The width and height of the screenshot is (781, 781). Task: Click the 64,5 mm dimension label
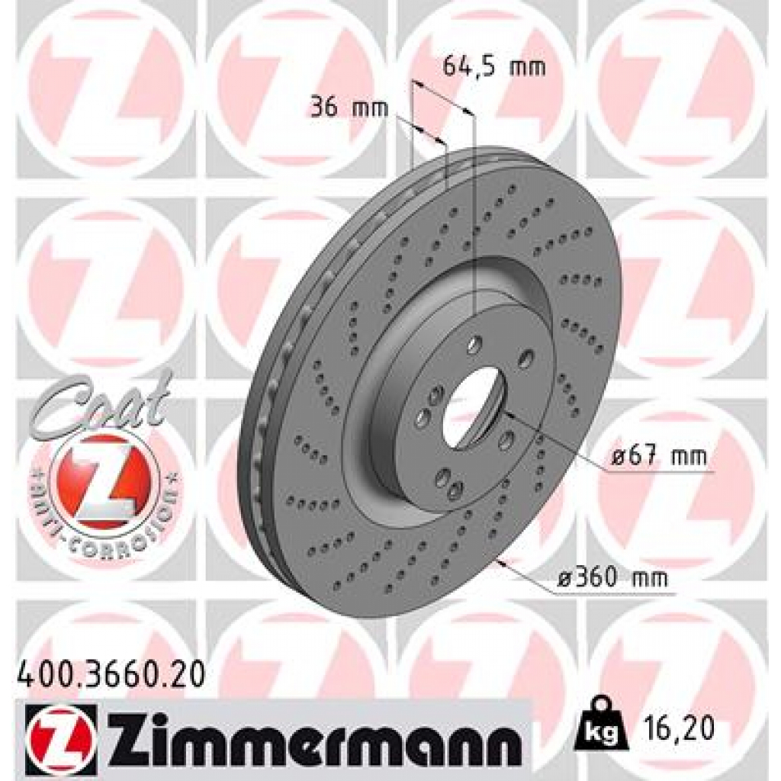pyautogui.click(x=493, y=67)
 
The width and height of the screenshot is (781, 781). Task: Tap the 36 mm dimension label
pyautogui.click(x=348, y=108)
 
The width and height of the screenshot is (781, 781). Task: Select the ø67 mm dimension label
pyautogui.click(x=658, y=458)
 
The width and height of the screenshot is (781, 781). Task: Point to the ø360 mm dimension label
pyautogui.click(x=611, y=579)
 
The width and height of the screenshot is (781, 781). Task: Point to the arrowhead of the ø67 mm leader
pyautogui.click(x=508, y=415)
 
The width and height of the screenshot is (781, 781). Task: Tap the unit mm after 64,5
pyautogui.click(x=528, y=67)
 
